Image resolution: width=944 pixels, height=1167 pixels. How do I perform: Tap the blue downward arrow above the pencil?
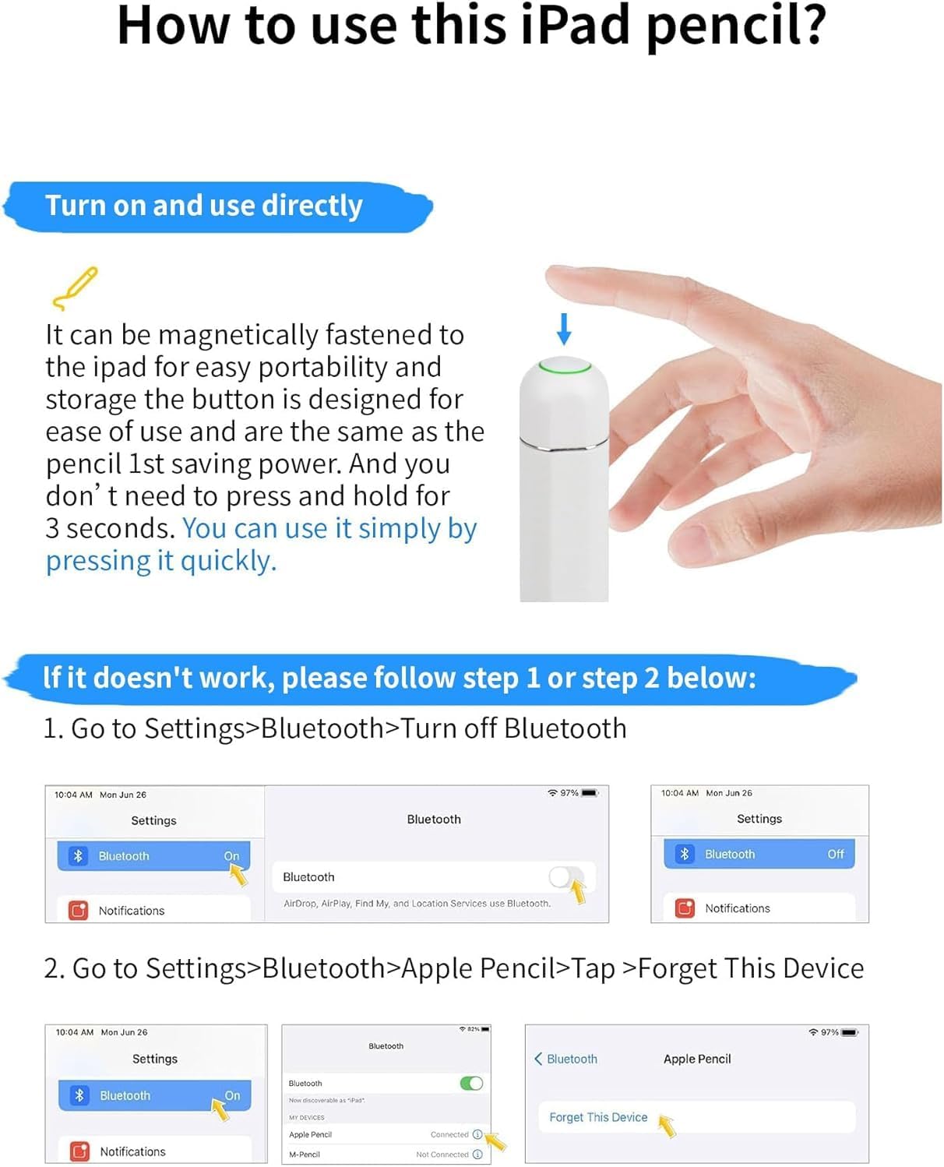(564, 328)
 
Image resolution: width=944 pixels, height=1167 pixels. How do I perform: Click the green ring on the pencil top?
(565, 365)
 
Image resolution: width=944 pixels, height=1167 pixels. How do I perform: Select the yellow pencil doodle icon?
(76, 288)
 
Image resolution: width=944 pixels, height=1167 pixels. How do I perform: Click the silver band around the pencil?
(564, 446)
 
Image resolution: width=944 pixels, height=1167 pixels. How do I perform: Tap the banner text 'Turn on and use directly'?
(204, 206)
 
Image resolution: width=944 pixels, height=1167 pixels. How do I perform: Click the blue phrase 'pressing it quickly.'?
(161, 560)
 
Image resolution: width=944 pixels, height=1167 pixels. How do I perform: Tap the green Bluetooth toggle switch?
(471, 1083)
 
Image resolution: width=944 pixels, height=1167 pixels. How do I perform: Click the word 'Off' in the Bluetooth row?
(835, 854)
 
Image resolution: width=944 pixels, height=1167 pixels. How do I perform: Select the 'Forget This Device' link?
(598, 1117)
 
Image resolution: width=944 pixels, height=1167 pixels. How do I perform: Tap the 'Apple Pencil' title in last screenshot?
(697, 1059)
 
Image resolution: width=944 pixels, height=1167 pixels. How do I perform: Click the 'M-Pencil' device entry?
(305, 1155)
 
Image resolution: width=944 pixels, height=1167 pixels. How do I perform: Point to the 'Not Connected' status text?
(442, 1155)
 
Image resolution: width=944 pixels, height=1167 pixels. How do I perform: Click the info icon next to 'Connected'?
(477, 1134)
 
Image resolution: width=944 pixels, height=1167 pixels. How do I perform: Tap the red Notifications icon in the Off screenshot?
(685, 908)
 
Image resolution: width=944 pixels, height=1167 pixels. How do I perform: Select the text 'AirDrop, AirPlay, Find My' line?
(417, 904)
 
